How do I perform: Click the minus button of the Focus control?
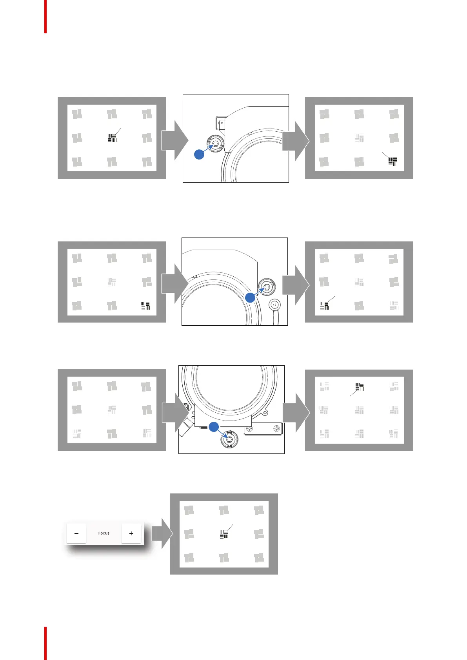(76, 533)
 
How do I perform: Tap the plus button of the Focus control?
(131, 533)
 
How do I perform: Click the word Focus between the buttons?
(104, 533)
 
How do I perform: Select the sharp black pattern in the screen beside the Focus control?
(224, 534)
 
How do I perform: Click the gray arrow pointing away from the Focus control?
(162, 533)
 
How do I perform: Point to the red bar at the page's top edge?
(45, 16)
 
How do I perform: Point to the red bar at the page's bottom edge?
(45, 643)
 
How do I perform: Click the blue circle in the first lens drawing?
(199, 154)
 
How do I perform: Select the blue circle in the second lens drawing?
(250, 298)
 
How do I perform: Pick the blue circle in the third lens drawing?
(214, 427)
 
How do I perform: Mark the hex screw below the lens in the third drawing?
(229, 439)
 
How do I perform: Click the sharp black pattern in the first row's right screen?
(393, 161)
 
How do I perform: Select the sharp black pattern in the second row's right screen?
(324, 306)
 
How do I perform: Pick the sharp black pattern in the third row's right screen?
(360, 387)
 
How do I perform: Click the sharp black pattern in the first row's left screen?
(112, 138)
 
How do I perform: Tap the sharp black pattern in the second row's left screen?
(145, 306)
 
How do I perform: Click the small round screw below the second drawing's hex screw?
(275, 304)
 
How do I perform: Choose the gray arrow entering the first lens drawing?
(174, 140)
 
